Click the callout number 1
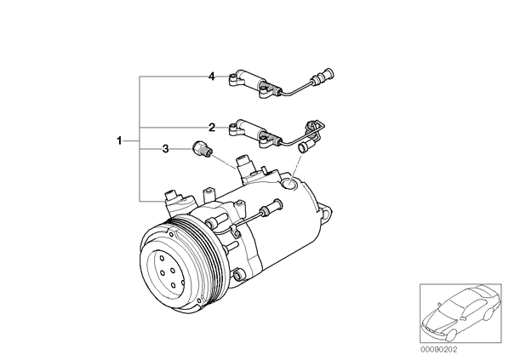click(119, 141)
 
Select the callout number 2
click(212, 128)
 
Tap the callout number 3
click(166, 149)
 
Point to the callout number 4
click(212, 77)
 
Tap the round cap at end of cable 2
click(304, 147)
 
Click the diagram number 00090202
click(438, 350)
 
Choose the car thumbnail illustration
click(460, 313)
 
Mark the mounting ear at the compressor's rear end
click(327, 211)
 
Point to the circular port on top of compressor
click(289, 184)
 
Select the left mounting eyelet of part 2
click(233, 129)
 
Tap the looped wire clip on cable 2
click(316, 128)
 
